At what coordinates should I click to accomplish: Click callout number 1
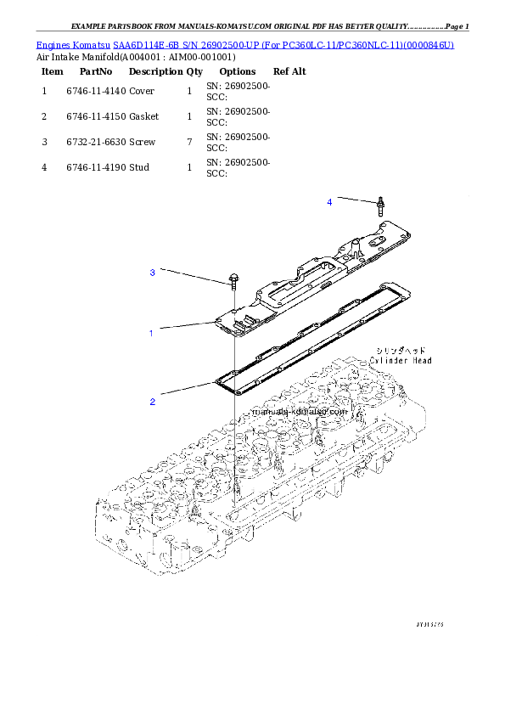coord(151,334)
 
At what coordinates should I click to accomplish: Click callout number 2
coord(152,402)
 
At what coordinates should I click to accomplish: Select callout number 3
coord(152,273)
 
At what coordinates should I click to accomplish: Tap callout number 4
coord(329,202)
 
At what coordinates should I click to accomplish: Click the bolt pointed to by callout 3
coord(232,284)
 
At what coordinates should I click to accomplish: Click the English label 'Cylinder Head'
coord(401,361)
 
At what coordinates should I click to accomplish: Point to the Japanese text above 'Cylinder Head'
coord(401,350)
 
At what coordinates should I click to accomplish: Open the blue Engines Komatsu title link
coord(245,44)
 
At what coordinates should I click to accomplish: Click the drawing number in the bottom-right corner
coord(430,624)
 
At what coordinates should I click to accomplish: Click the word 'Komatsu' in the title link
coord(91,44)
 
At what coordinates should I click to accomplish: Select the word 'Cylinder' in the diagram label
coord(388,361)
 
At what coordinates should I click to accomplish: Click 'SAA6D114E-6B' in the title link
coord(143,44)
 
